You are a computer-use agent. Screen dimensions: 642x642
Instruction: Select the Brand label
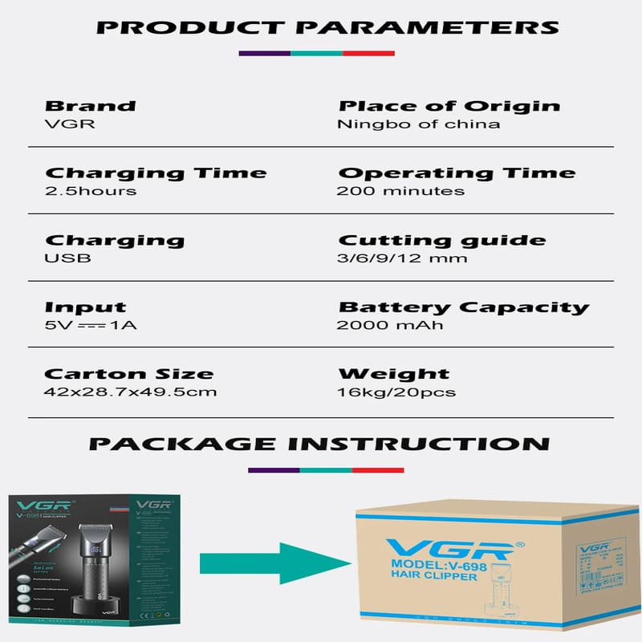[90, 106]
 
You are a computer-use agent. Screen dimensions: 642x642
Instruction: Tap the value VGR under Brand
[63, 124]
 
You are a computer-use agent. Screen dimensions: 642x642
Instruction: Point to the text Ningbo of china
[418, 124]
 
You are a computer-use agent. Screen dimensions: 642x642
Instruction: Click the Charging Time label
[156, 173]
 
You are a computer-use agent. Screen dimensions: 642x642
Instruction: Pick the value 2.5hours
[91, 191]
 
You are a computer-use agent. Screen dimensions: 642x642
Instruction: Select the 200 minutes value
[400, 191]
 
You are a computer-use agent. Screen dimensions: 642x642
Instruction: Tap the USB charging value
[68, 258]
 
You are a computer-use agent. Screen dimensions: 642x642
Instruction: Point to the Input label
[85, 307]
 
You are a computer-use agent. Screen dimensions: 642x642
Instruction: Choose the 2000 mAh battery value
[390, 325]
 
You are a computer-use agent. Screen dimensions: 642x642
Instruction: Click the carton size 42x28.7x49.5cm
[131, 392]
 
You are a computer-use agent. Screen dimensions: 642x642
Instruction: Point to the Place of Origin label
[449, 106]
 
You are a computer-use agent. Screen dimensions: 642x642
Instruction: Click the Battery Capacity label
[463, 307]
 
